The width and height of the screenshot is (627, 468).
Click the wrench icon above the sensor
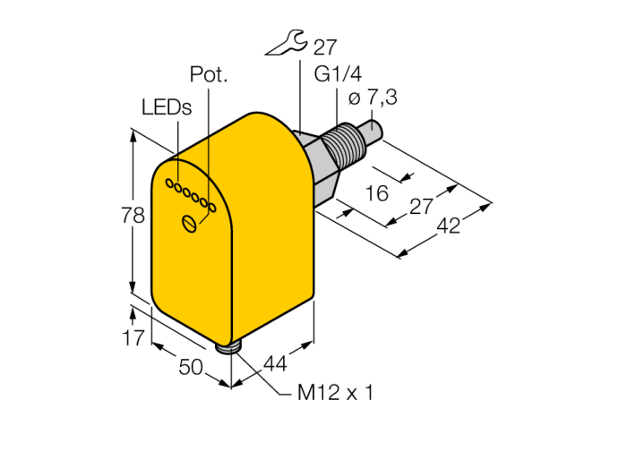287,41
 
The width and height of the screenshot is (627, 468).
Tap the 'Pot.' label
209,74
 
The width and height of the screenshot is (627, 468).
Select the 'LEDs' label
167,107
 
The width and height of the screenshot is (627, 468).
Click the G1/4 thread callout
338,74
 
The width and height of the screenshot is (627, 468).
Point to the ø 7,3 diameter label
373,98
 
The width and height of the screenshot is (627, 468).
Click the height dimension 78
133,216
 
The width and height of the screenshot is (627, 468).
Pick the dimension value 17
133,338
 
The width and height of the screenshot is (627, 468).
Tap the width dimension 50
191,367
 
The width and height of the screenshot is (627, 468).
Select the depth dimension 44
275,364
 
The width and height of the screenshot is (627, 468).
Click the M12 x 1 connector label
335,393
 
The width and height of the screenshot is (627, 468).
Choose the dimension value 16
377,193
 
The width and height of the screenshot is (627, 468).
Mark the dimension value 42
448,226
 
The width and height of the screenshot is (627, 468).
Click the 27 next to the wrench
324,47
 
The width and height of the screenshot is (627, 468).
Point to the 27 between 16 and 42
421,207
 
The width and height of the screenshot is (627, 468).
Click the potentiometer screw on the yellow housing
190,223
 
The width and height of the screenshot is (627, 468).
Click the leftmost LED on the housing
169,183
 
